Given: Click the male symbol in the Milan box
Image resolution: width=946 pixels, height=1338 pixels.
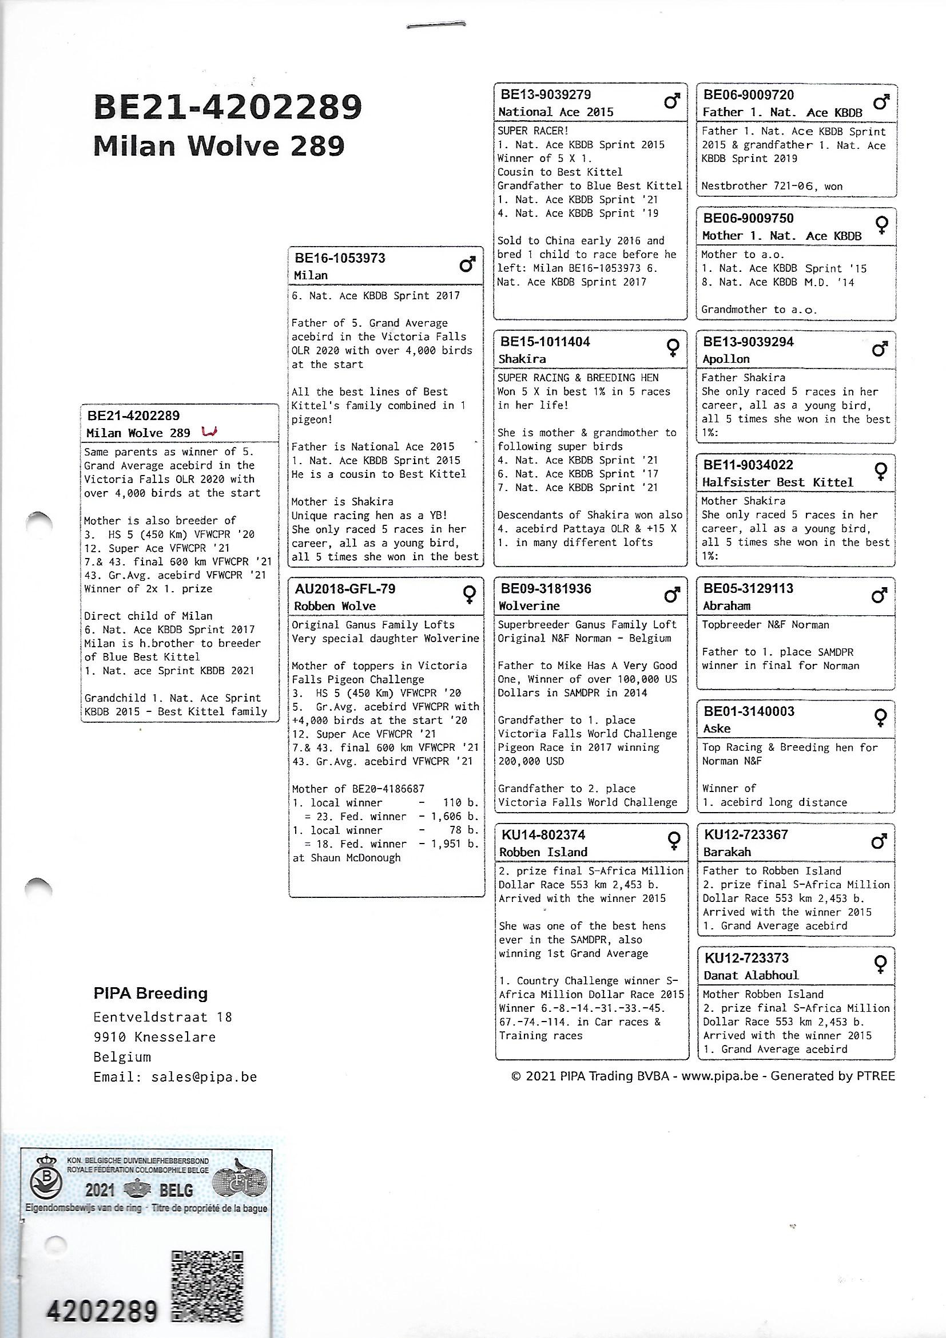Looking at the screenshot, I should click(467, 265).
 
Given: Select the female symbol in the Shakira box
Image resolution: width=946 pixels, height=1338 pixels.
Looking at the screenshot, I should click(673, 348).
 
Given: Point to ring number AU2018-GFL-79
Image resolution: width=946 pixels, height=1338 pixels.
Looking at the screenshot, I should click(345, 588).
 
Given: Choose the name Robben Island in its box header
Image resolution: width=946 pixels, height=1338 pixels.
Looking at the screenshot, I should click(543, 852).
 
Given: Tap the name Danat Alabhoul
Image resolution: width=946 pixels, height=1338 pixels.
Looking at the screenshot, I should click(751, 976).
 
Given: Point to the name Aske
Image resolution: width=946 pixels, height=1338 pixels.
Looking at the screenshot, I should click(717, 729).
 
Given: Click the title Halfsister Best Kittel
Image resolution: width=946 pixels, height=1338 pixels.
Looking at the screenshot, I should click(777, 482).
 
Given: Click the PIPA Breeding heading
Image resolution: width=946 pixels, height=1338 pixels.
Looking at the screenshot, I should click(150, 993).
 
